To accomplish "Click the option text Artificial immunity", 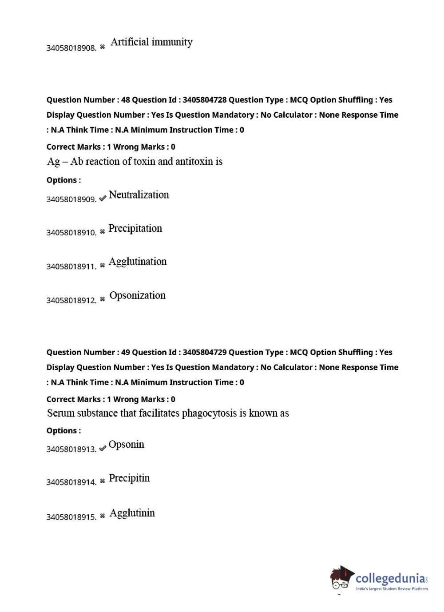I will point(151,42).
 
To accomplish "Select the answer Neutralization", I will point(139,195).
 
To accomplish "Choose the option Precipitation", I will point(135,228).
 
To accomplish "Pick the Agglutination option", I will point(138,262).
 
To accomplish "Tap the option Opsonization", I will point(137,295).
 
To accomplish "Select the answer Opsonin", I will point(126,445).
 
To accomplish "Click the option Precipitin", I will point(129,478).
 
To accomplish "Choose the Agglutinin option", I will point(132,513).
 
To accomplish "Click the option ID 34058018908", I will point(71,48).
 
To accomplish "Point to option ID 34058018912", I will point(71,300).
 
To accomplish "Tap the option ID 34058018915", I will point(71,517).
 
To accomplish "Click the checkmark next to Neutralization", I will point(103,199).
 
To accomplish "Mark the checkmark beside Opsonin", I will point(103,448).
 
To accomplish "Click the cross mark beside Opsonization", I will point(103,299).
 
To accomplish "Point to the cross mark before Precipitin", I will point(103,481).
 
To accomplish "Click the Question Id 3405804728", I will point(204,100).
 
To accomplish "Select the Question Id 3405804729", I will point(204,352).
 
